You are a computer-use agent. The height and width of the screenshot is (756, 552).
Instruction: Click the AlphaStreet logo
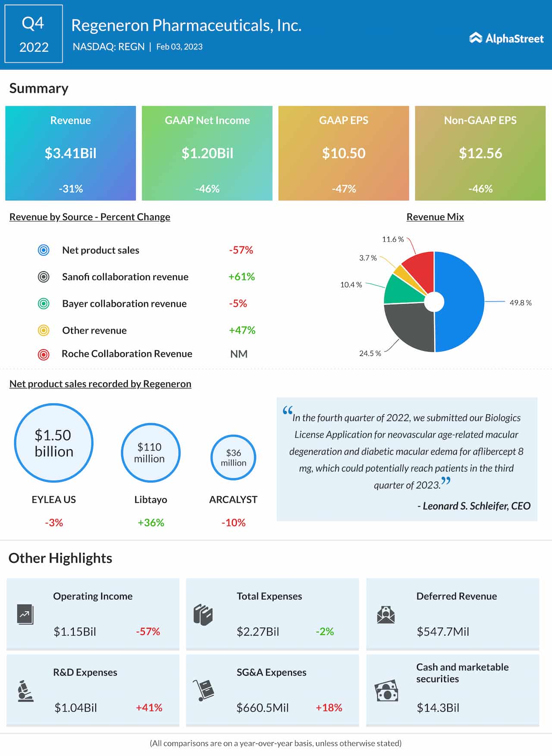click(506, 38)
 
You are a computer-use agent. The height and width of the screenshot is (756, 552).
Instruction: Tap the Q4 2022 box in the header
click(34, 34)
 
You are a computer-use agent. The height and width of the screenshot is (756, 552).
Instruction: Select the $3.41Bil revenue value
click(70, 153)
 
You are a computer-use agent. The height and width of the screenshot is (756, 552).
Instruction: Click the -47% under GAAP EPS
click(344, 189)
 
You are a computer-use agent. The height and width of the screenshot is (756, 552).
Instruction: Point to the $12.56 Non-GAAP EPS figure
click(480, 153)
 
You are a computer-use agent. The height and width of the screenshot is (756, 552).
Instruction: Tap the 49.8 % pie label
click(521, 303)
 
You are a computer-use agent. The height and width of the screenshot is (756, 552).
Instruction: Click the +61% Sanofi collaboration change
click(241, 277)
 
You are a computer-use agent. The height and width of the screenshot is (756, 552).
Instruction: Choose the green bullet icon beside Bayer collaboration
click(44, 304)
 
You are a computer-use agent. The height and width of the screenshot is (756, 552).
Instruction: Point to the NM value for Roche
click(239, 354)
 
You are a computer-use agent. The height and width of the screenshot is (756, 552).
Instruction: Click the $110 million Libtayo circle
click(150, 453)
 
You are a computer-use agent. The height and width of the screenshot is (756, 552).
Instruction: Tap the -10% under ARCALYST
click(233, 523)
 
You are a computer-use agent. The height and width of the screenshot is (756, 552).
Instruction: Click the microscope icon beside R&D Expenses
click(25, 691)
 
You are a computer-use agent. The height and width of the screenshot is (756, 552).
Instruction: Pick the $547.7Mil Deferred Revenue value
click(443, 632)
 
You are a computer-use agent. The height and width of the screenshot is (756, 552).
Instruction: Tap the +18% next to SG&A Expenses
click(329, 708)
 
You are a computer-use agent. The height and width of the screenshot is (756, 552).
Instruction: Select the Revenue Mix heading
click(435, 217)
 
